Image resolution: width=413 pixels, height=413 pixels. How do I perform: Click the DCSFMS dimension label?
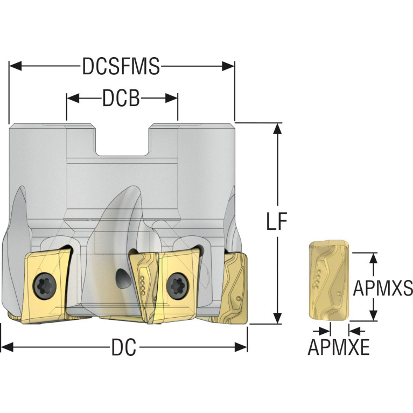[x=121, y=66]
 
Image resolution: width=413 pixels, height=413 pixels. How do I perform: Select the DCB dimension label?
[x=121, y=98]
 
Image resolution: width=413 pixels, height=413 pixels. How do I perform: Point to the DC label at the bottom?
[x=124, y=347]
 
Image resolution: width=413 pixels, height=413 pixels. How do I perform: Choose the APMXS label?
[x=383, y=288]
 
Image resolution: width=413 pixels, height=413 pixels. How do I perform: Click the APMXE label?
[x=339, y=347]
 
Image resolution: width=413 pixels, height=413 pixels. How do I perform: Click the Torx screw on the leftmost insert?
[x=45, y=286]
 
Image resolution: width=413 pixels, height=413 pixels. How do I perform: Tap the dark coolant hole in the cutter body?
[x=123, y=278]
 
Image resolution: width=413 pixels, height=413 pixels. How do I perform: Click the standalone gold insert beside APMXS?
[x=329, y=281]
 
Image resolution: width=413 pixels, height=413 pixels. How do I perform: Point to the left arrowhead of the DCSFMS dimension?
[x=15, y=66]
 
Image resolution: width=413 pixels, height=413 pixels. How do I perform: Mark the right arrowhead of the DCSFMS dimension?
[x=228, y=66]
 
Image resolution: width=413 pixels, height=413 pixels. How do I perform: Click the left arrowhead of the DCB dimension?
[x=73, y=98]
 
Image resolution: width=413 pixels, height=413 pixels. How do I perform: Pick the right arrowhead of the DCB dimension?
[x=171, y=98]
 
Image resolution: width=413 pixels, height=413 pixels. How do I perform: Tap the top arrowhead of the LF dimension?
[x=277, y=129]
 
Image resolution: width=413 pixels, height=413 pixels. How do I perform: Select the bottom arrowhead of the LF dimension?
[x=277, y=318]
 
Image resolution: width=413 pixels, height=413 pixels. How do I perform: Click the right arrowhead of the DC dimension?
[x=241, y=347]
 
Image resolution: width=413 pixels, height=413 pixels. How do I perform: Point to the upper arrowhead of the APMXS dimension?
[x=373, y=259]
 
